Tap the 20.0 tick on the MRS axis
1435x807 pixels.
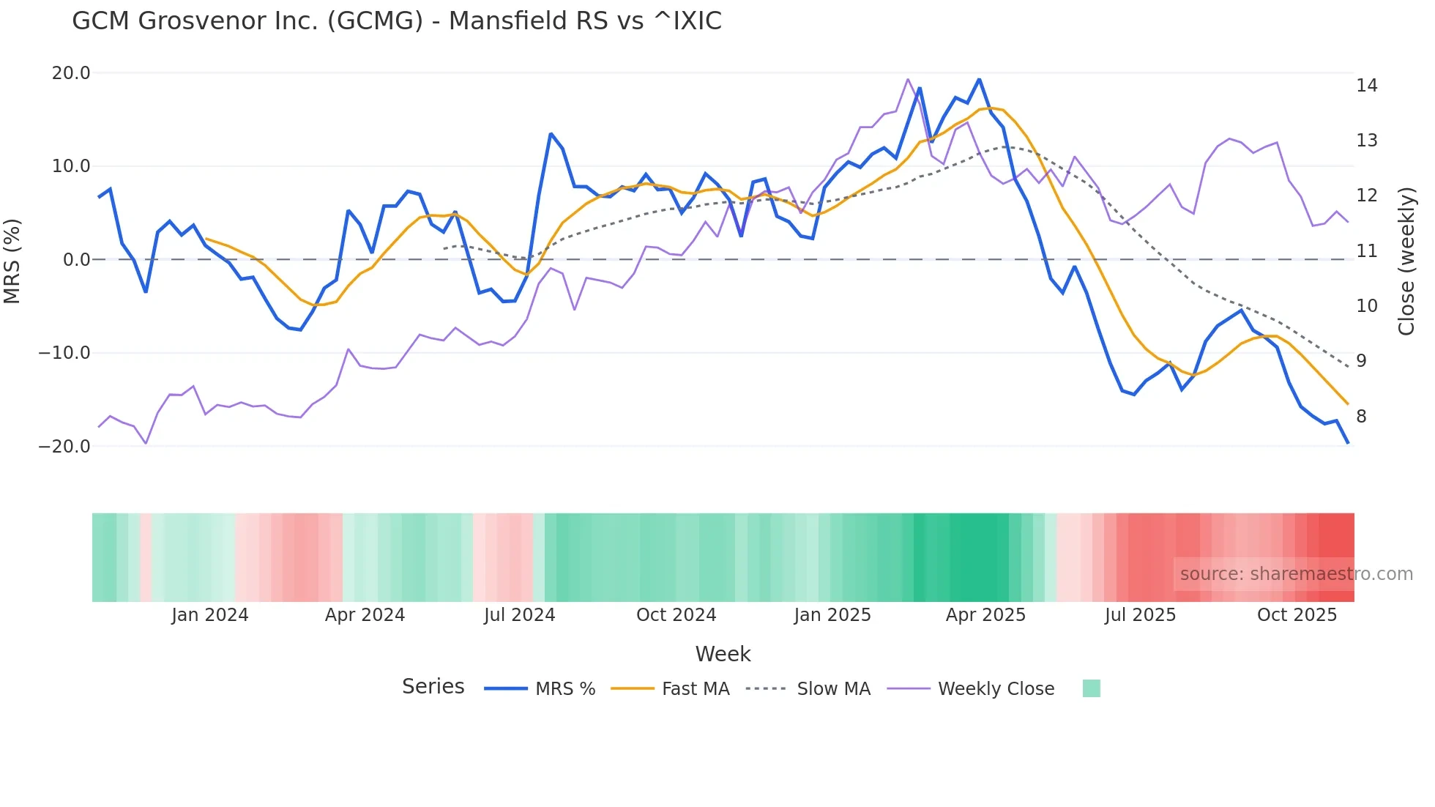point(71,73)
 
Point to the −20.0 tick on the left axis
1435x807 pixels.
point(64,446)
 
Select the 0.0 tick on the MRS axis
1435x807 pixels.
point(76,260)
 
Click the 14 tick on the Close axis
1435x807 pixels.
point(1366,86)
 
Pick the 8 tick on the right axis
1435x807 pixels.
point(1361,417)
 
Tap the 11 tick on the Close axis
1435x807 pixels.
point(1366,251)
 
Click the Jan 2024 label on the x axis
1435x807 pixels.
point(210,615)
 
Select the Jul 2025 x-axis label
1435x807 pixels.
point(1140,615)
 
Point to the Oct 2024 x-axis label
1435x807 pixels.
point(676,615)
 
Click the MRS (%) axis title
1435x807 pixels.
point(12,261)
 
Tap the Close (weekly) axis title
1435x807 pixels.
point(1406,261)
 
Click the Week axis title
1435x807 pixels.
point(723,654)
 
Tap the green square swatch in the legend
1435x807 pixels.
point(1091,688)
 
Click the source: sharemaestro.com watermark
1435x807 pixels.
point(1296,574)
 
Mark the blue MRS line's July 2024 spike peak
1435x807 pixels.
point(551,134)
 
